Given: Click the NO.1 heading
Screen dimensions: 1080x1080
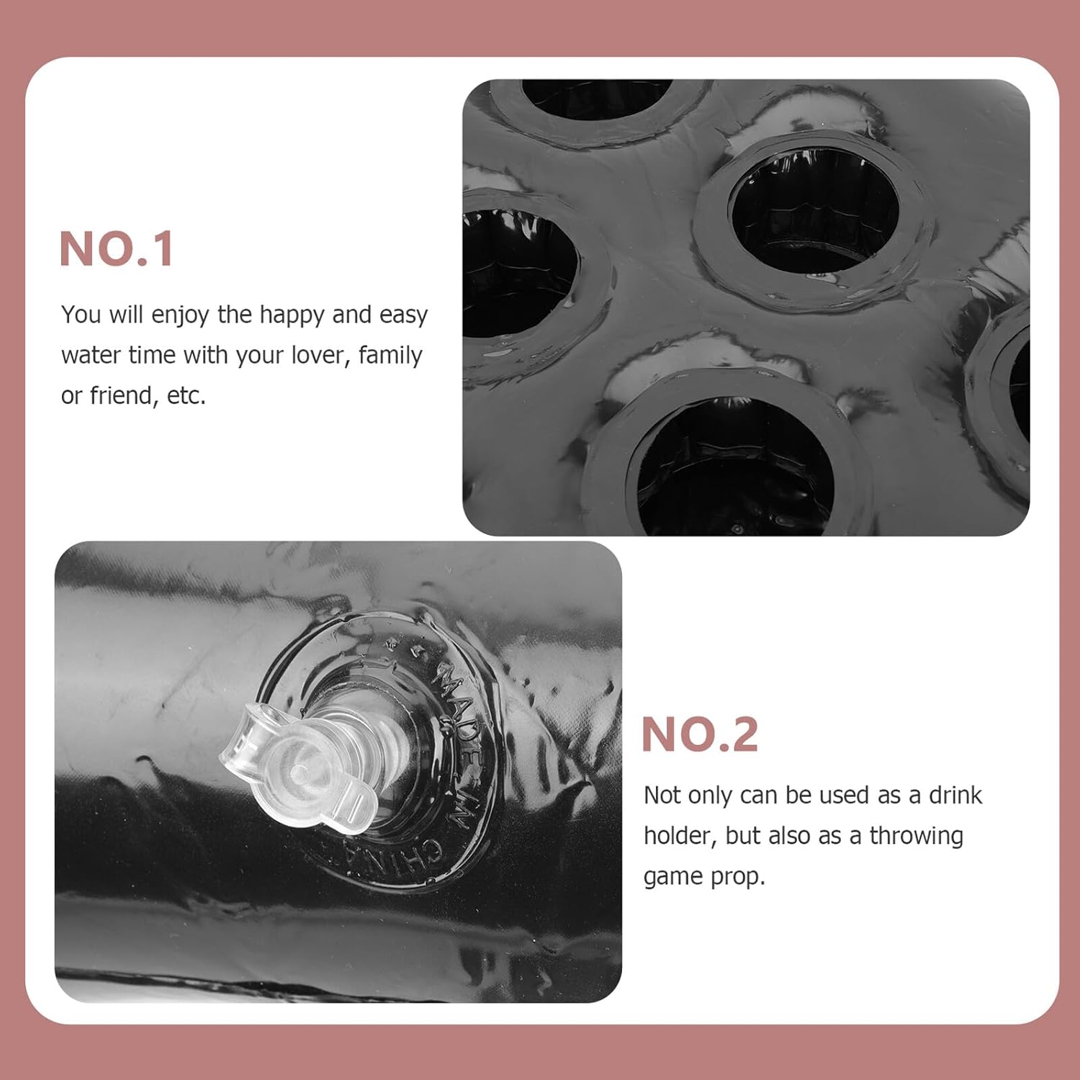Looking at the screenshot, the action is [116, 249].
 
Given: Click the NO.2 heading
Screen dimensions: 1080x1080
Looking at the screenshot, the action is [700, 734].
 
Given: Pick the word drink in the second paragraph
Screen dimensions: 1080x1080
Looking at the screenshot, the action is [955, 795].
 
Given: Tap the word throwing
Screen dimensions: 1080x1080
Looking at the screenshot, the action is [917, 837].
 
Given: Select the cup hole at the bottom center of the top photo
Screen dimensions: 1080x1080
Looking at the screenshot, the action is [734, 464].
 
